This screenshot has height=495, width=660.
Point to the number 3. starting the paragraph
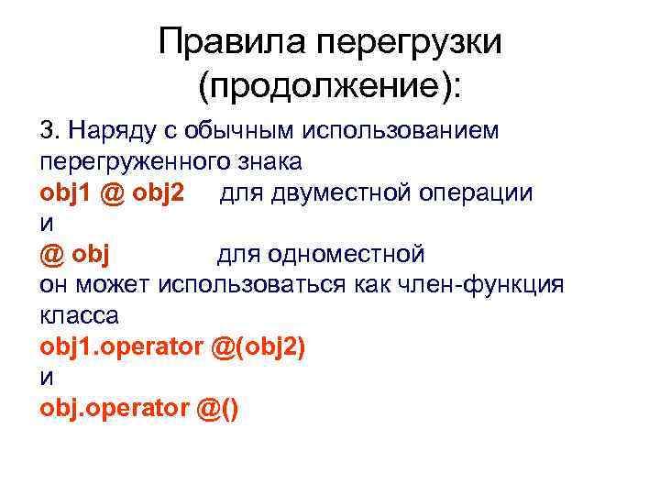tap(49, 130)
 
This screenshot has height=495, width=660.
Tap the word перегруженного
tap(134, 162)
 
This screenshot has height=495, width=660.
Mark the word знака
tap(268, 161)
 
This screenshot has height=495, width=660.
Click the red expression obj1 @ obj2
tap(112, 193)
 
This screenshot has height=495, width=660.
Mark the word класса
tap(80, 315)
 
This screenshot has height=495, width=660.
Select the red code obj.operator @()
tap(139, 409)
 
